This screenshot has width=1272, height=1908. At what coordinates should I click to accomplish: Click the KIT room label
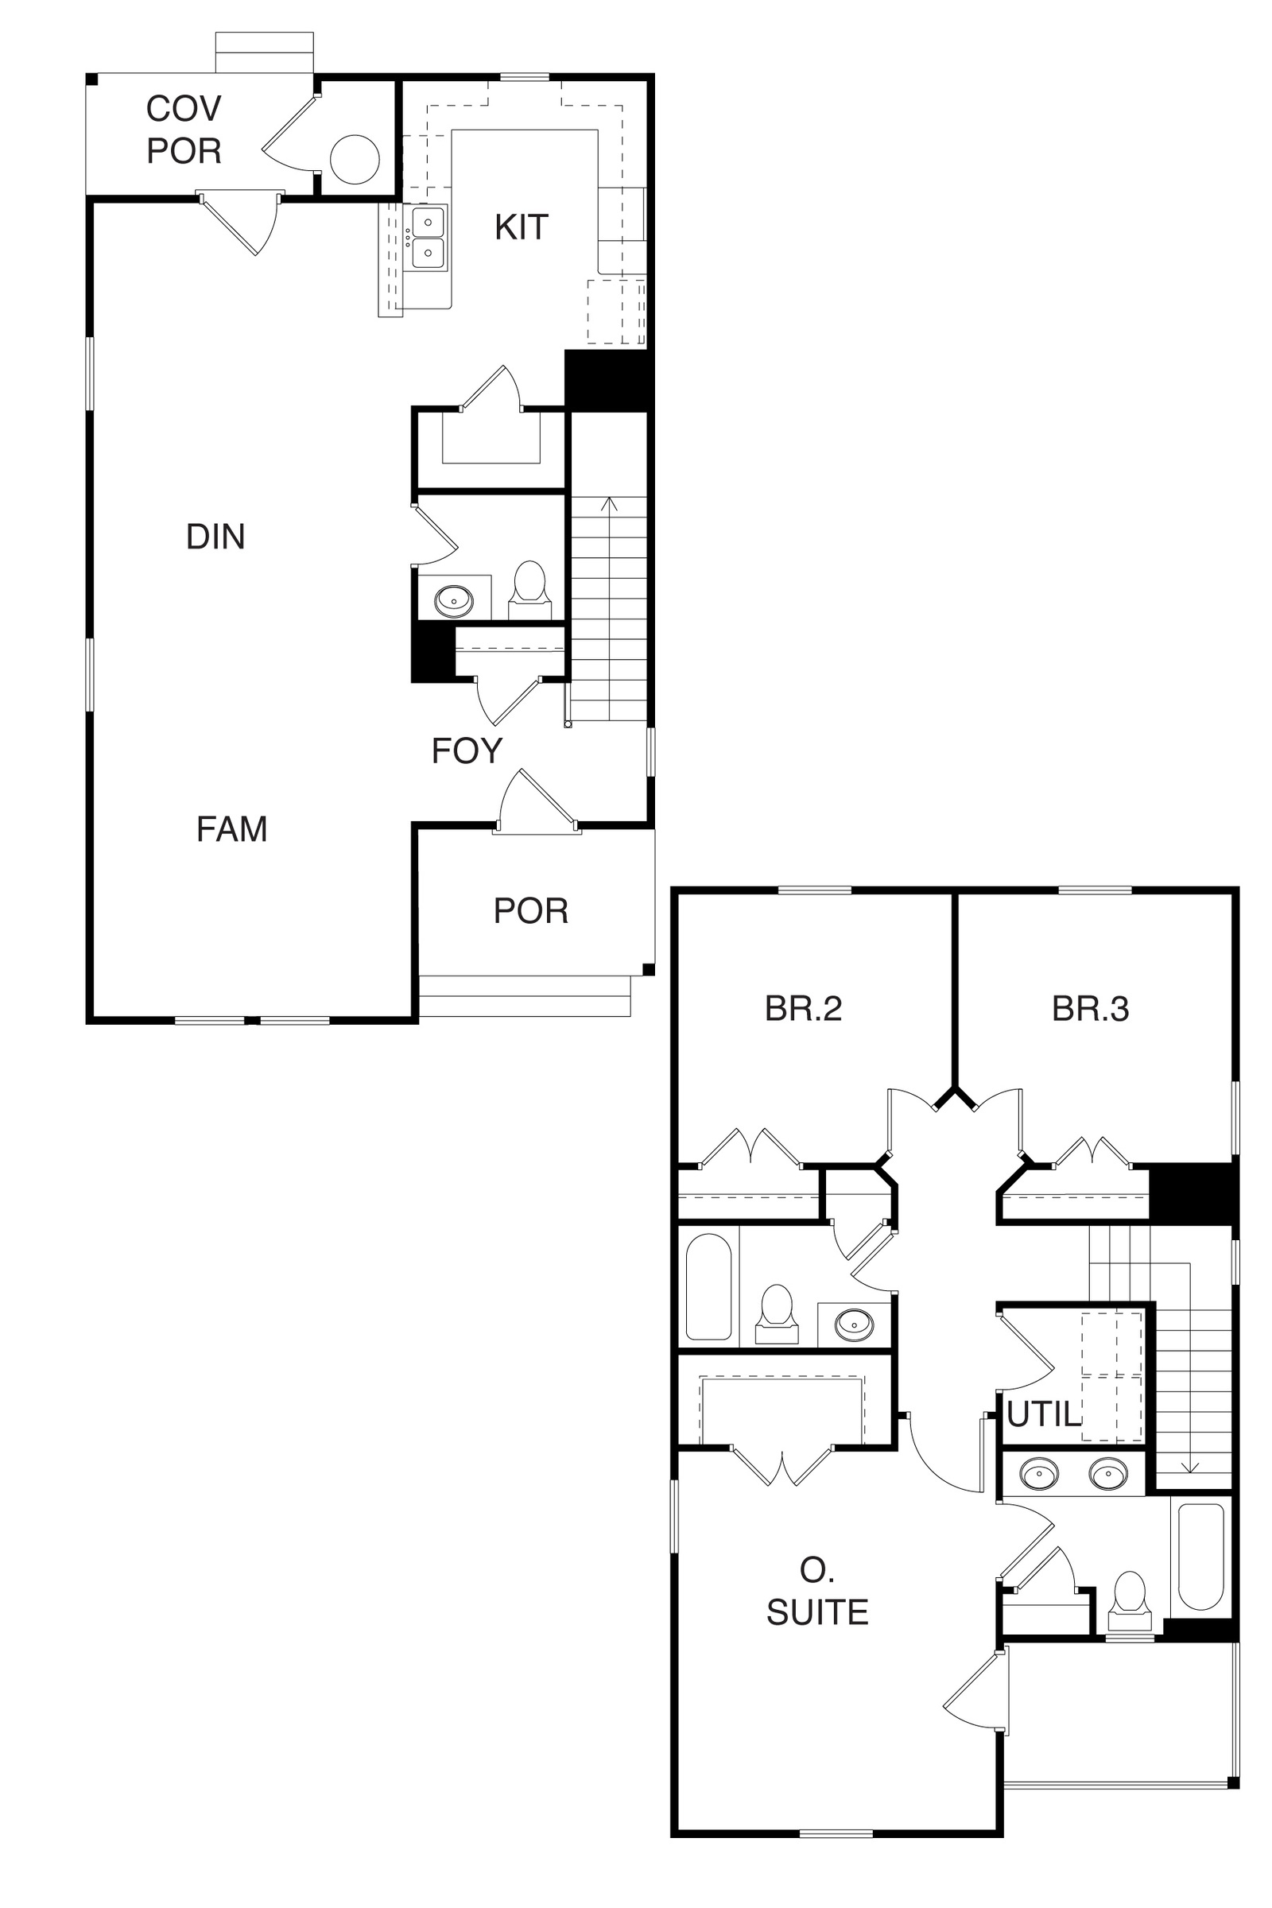(x=522, y=227)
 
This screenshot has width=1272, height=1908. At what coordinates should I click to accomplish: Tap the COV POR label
(x=184, y=130)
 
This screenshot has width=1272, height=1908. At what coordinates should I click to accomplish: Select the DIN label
(x=215, y=536)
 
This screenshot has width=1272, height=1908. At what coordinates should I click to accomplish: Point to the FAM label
(x=232, y=829)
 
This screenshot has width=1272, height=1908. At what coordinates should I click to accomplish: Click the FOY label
(x=467, y=751)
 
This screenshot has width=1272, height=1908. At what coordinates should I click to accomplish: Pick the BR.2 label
(x=803, y=1008)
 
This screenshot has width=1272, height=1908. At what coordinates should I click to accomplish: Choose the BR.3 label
(x=1090, y=1008)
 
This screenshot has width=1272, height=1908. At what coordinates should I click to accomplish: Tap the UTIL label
(x=1044, y=1415)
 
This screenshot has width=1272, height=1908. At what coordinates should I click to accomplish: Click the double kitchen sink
(x=428, y=237)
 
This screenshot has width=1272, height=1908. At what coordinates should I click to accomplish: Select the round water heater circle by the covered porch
(x=355, y=159)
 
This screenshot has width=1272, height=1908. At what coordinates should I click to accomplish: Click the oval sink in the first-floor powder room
(x=453, y=601)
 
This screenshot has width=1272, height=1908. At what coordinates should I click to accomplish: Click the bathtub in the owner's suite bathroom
(x=1200, y=1557)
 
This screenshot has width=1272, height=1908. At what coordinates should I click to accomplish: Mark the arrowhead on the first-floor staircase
(x=609, y=504)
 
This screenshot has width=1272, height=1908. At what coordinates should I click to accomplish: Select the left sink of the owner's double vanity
(x=1039, y=1473)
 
